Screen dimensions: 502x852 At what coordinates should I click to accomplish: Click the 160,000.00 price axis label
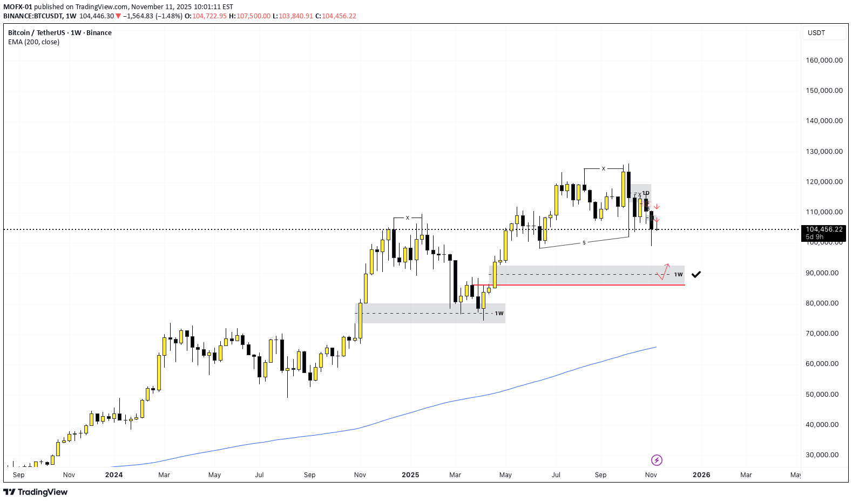point(824,60)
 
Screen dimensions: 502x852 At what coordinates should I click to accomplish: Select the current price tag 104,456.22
point(824,229)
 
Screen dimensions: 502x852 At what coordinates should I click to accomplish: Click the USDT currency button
point(816,33)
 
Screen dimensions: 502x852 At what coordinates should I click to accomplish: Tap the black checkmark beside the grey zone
point(696,274)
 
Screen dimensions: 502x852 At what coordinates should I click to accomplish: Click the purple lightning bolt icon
point(657,460)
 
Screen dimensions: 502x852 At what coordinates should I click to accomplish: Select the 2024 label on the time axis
point(114,475)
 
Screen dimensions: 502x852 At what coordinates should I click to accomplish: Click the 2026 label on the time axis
point(701,475)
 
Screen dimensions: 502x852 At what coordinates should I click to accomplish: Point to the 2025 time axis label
point(410,475)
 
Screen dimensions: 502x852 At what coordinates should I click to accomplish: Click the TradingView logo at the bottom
point(36,492)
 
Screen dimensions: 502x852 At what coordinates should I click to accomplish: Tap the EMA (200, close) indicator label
point(33,42)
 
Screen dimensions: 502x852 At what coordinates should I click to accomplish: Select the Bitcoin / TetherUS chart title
point(60,33)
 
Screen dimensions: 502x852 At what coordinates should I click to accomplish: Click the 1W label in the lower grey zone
point(499,313)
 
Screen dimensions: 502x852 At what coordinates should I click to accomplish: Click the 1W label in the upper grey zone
point(678,274)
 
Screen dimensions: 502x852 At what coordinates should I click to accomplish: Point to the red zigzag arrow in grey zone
point(664,272)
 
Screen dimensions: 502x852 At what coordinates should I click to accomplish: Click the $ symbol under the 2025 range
point(584,243)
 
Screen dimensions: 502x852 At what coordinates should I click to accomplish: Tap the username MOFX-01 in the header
point(18,7)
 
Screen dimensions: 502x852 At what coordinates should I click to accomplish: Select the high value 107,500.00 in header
point(253,16)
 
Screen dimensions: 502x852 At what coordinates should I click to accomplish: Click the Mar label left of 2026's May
point(746,475)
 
